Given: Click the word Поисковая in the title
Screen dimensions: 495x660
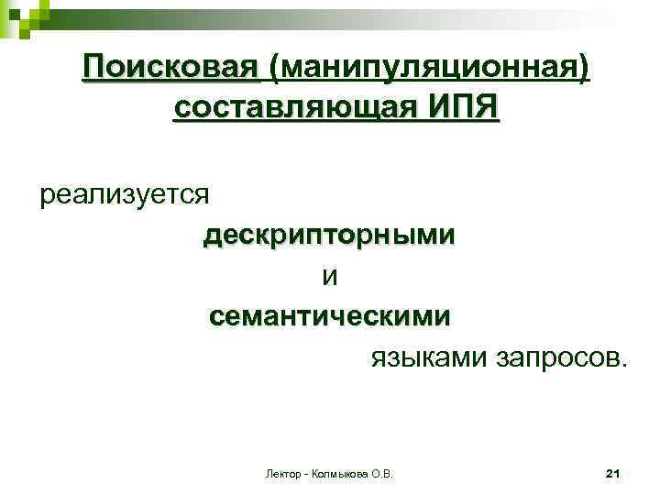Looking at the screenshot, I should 170,66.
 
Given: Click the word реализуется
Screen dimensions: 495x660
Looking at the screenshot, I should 125,194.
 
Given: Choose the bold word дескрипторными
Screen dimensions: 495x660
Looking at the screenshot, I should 328,235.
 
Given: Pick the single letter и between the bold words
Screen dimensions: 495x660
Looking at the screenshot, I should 329,275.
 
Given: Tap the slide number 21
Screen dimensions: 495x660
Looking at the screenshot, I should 614,474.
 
